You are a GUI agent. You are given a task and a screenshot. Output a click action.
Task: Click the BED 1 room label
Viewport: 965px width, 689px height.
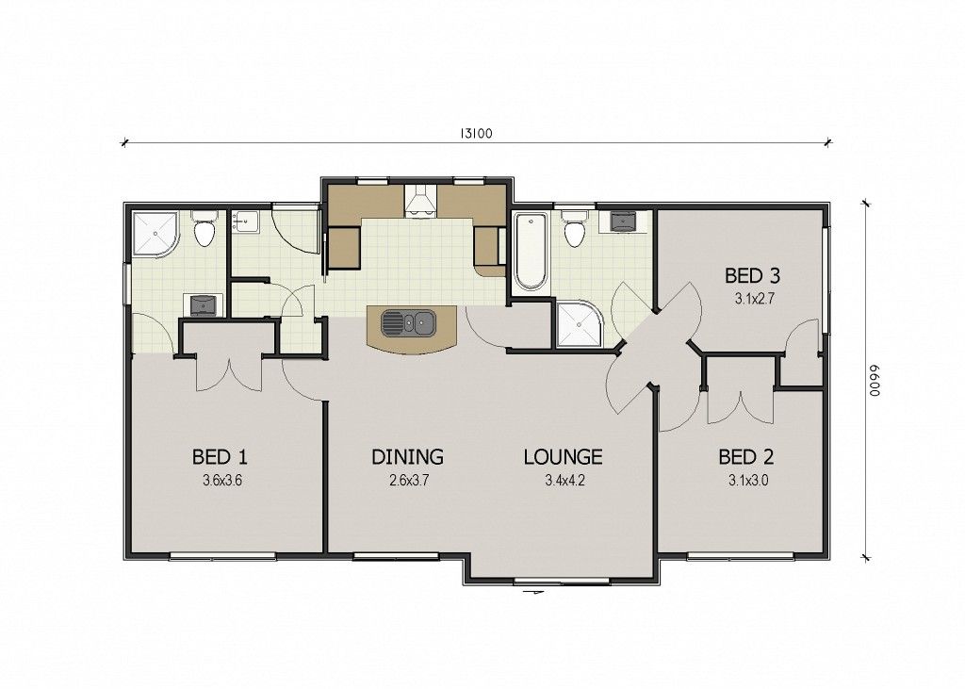pyautogui.click(x=220, y=457)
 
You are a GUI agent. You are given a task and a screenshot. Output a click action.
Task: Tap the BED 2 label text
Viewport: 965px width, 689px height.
pyautogui.click(x=746, y=457)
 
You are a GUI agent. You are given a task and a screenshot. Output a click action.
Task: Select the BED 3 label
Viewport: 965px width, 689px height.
pyautogui.click(x=752, y=275)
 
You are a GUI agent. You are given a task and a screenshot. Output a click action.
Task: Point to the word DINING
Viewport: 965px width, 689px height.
pyautogui.click(x=407, y=457)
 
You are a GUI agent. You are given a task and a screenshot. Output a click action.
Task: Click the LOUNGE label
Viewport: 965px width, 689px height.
pyautogui.click(x=564, y=457)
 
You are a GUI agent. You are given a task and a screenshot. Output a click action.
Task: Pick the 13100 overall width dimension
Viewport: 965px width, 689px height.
pyautogui.click(x=476, y=134)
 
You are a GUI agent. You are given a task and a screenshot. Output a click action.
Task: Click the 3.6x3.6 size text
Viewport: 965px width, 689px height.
pyautogui.click(x=222, y=481)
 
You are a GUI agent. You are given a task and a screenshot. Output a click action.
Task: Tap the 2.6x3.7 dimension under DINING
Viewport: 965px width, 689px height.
pyautogui.click(x=409, y=481)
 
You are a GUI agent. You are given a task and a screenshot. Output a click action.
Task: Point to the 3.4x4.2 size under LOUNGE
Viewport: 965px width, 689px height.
pyautogui.click(x=564, y=481)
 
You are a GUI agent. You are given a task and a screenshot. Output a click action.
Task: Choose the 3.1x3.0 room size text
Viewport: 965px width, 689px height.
pyautogui.click(x=748, y=481)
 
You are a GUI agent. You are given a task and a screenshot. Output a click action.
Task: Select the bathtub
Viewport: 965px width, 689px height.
pyautogui.click(x=531, y=252)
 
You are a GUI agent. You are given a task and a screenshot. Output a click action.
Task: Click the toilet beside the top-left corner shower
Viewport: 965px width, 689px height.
pyautogui.click(x=204, y=228)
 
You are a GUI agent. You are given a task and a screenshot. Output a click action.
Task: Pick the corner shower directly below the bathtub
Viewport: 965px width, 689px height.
pyautogui.click(x=579, y=324)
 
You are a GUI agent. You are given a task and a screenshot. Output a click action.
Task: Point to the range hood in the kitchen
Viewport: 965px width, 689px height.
pyautogui.click(x=420, y=201)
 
